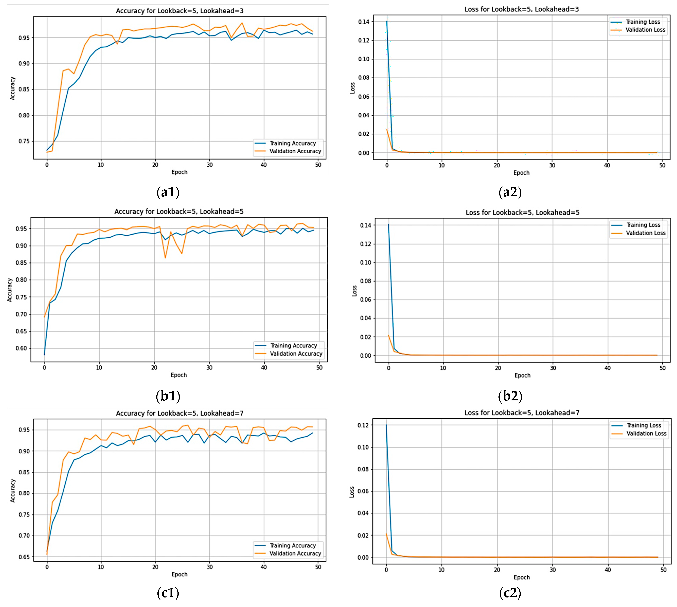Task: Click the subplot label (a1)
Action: (x=168, y=192)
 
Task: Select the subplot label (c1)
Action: (x=168, y=593)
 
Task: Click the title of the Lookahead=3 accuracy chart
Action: (x=179, y=11)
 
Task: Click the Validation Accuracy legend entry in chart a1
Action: (x=295, y=151)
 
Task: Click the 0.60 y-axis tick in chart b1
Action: (x=21, y=348)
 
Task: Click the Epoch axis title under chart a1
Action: (x=179, y=172)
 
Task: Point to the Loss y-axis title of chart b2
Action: (x=354, y=291)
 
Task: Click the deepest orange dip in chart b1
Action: (x=165, y=258)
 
